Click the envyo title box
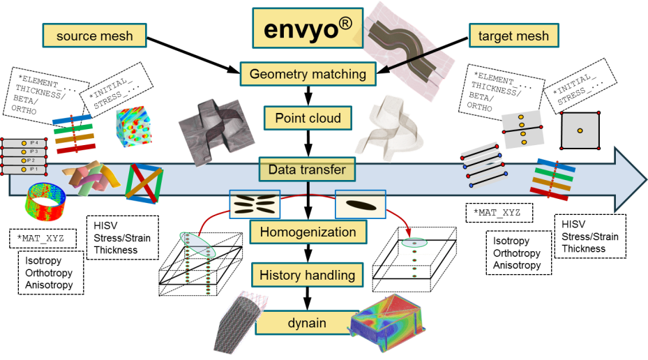[x=308, y=29]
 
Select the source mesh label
[x=95, y=36]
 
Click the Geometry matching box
[x=308, y=73]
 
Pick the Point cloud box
[x=308, y=118]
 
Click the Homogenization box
[x=308, y=232]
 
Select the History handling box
[x=307, y=276]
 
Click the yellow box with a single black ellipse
[x=360, y=204]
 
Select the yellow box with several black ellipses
[x=255, y=204]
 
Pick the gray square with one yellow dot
[x=580, y=130]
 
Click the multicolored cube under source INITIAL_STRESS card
[x=133, y=127]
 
